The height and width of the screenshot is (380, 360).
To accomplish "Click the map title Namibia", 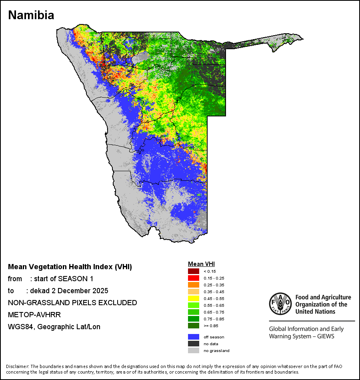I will click(x=31, y=15).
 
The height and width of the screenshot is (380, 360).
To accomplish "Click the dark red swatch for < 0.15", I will click(x=193, y=271).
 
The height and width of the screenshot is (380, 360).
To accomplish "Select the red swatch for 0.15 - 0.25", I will click(x=193, y=278).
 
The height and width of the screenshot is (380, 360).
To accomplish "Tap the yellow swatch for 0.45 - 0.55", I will click(x=193, y=298).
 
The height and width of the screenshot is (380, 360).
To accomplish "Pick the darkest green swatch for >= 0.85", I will click(x=193, y=326).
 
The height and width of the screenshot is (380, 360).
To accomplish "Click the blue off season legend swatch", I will click(x=193, y=337).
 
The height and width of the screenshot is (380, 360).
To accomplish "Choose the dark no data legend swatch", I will click(x=193, y=344).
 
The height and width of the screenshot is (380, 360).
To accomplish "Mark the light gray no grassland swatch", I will click(x=193, y=350).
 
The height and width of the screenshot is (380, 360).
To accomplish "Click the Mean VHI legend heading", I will click(x=201, y=264).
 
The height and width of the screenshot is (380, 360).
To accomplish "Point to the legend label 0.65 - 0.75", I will click(x=213, y=312).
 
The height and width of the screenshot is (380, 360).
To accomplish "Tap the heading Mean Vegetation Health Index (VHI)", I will click(x=70, y=267).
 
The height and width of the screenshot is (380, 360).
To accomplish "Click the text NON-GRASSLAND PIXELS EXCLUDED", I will click(x=72, y=303).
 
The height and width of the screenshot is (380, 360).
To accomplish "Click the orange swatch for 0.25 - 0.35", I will click(x=193, y=285).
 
